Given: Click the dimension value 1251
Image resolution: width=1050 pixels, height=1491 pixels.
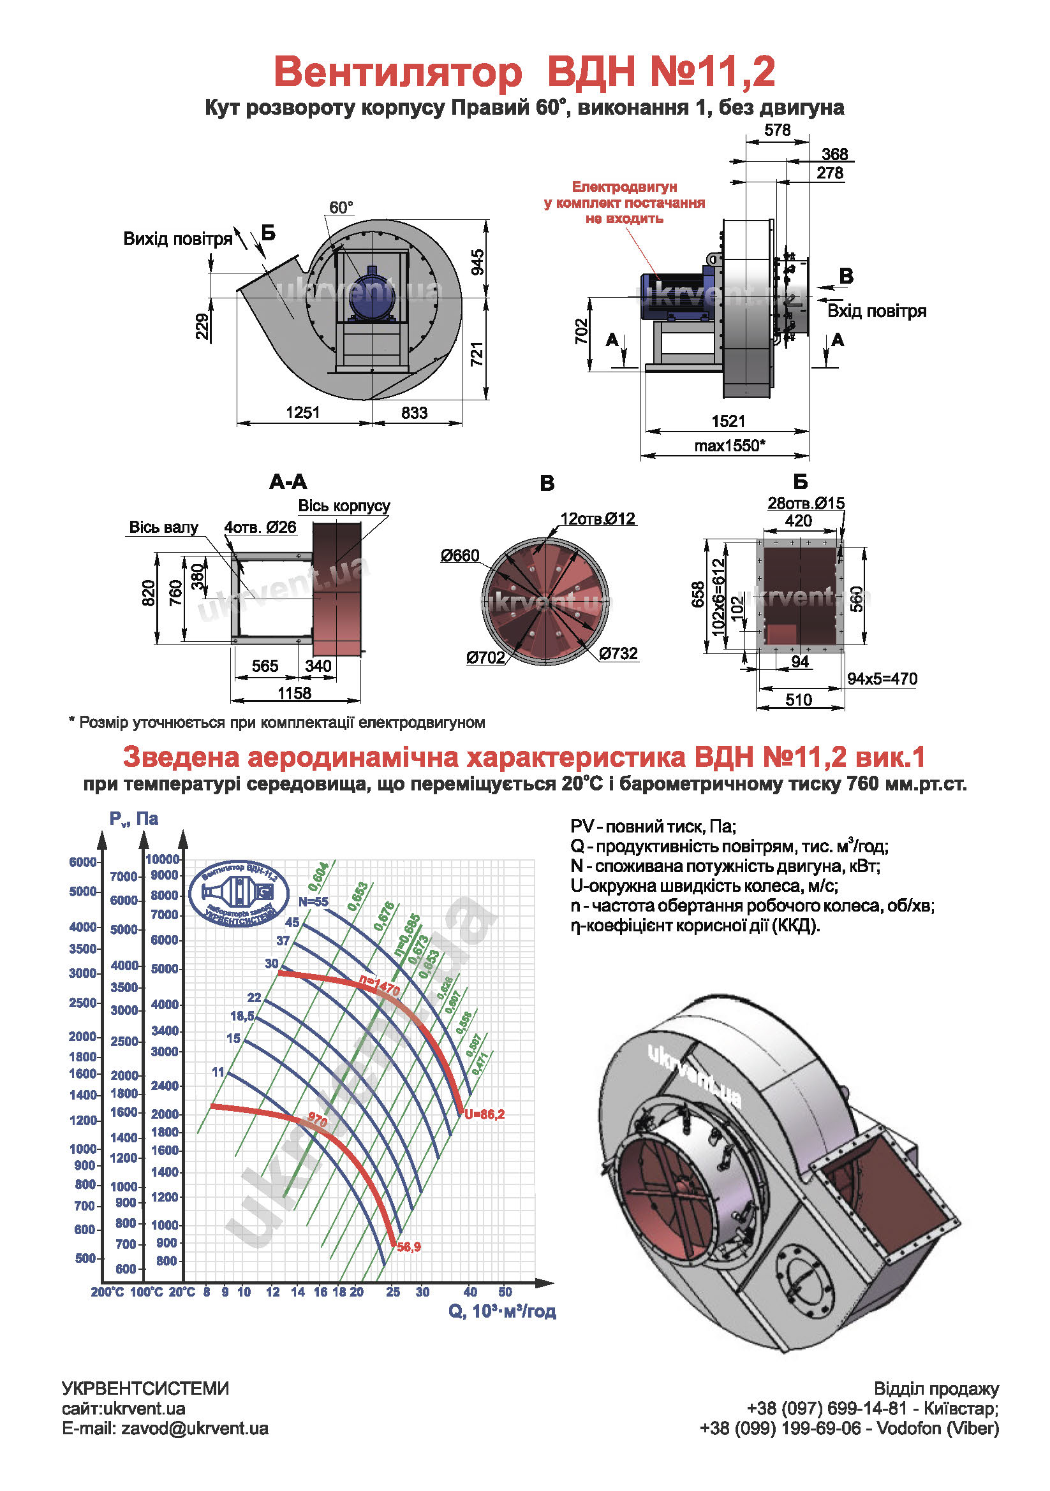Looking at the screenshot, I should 303,412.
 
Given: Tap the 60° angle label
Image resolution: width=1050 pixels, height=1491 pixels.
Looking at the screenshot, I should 341,208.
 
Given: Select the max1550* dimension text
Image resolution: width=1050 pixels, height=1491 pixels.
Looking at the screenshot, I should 730,446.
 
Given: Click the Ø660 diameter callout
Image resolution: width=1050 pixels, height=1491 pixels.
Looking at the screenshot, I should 459,555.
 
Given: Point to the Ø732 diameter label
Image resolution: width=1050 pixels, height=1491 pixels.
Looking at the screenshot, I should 618,653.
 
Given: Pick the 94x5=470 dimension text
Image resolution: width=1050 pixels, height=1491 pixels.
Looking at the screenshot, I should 882,679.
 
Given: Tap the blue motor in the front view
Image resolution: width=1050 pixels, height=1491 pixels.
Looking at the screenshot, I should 371,293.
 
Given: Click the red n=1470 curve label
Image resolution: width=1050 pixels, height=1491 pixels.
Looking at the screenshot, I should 380,986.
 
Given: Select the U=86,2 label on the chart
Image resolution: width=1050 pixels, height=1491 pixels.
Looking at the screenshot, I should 484,1114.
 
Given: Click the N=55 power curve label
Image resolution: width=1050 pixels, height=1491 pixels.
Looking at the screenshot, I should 313,901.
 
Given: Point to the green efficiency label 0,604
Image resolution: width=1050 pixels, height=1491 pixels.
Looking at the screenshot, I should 318,876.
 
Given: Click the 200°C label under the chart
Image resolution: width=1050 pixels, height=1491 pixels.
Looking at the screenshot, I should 107,1292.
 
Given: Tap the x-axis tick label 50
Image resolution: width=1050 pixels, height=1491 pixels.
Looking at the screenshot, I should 505,1291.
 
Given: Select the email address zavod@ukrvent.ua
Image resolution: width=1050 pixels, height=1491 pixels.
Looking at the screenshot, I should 195,1429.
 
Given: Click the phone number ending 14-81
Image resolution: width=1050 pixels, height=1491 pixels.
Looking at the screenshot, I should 826,1409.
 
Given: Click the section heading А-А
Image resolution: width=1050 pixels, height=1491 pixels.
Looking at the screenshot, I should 288,482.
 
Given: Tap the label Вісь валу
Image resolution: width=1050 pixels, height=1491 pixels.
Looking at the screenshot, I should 163,527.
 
